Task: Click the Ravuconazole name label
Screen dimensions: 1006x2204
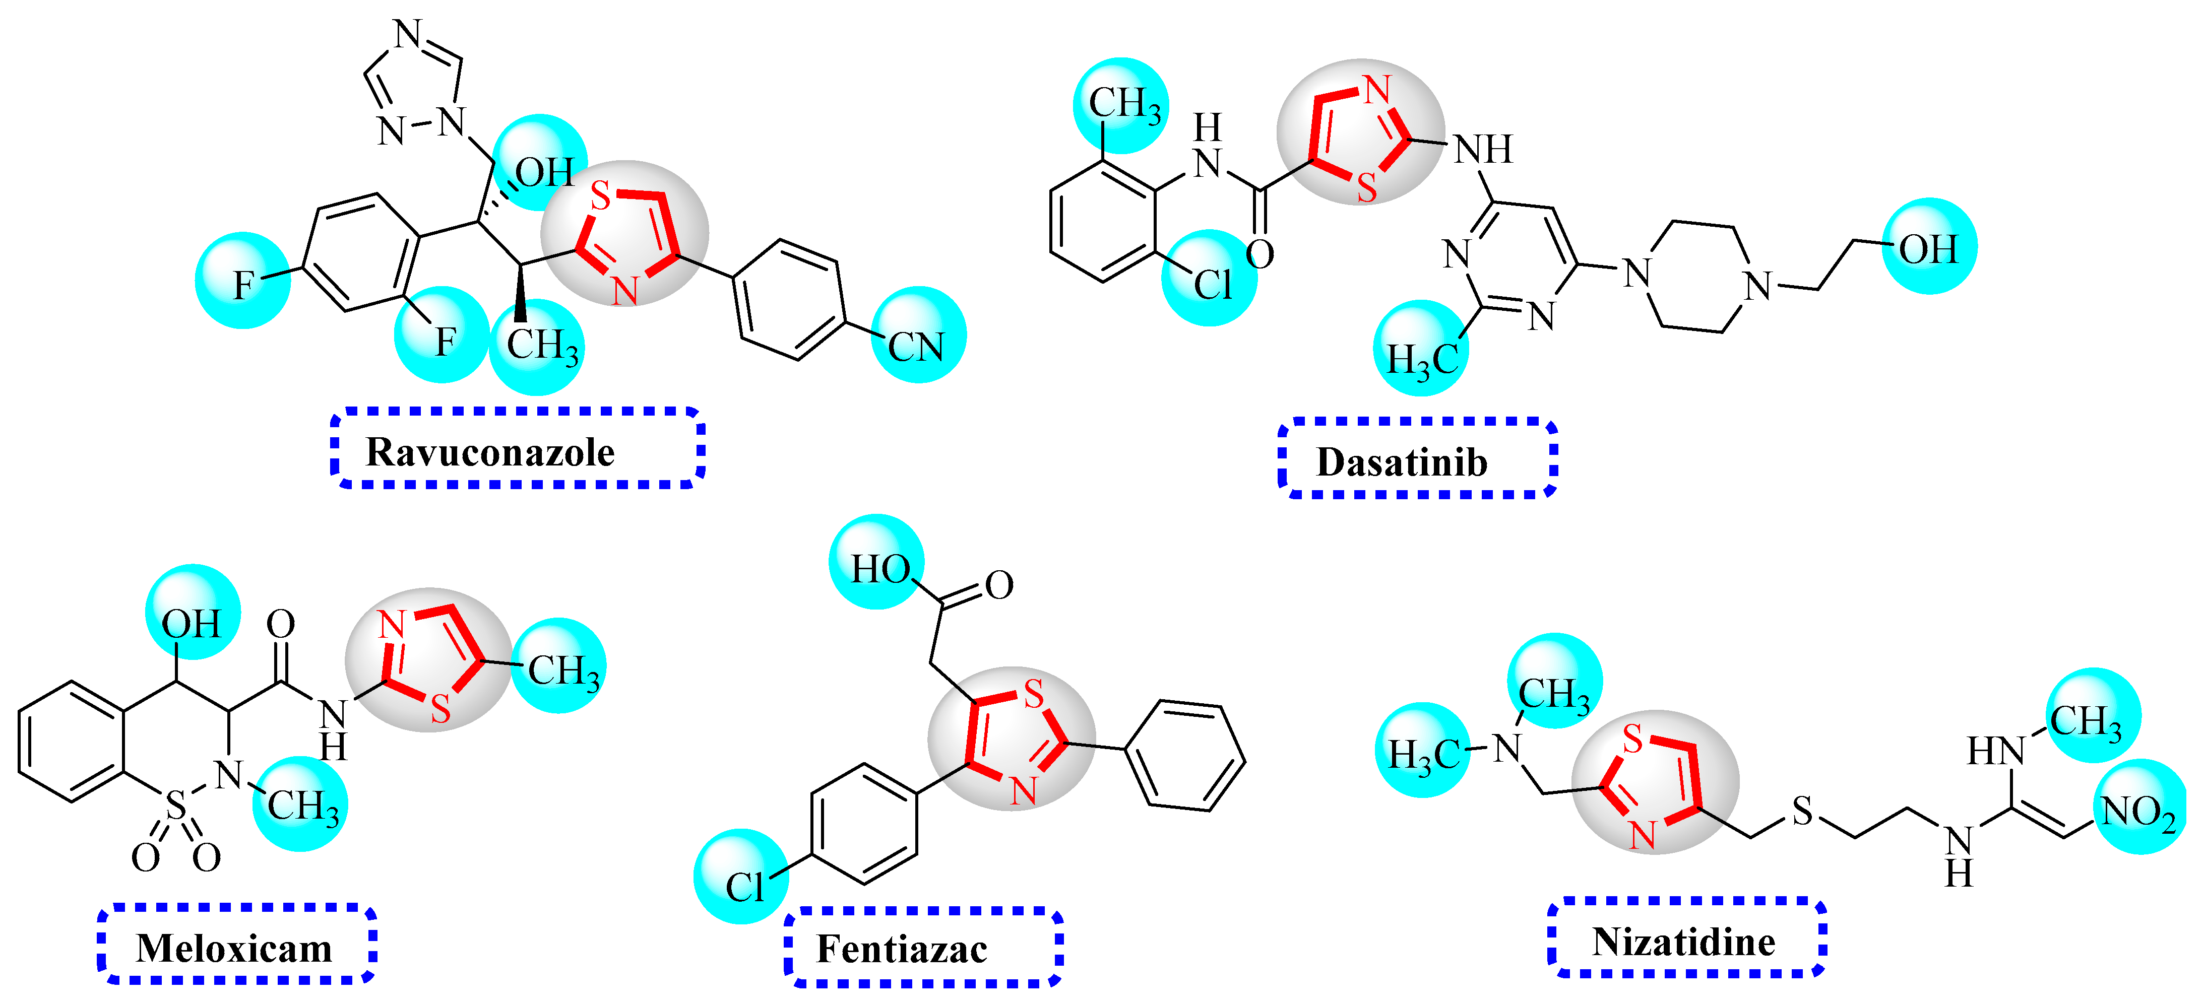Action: [x=490, y=452]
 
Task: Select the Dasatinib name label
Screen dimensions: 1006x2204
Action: [x=1402, y=462]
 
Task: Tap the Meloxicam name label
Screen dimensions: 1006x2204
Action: [x=233, y=948]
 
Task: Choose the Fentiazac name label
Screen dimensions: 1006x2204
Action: [x=902, y=949]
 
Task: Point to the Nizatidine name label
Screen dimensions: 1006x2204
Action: [x=1683, y=942]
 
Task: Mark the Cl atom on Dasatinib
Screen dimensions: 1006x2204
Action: [x=1212, y=285]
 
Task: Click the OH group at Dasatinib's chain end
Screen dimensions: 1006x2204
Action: [x=1928, y=249]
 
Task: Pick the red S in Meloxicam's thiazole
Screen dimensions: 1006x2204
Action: [x=440, y=708]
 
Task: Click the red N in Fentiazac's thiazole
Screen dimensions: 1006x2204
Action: [x=1023, y=790]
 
